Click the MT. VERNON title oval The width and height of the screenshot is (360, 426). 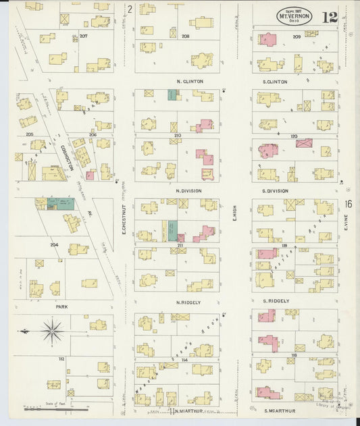[294, 16]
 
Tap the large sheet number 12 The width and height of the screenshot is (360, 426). [330, 17]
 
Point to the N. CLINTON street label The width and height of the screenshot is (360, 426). [189, 82]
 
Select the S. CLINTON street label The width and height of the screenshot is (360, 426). [274, 82]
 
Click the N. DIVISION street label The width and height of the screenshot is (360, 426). [188, 191]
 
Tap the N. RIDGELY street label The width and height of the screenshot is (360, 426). [189, 302]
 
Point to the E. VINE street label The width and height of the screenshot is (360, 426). [344, 233]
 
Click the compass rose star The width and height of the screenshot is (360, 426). [53, 331]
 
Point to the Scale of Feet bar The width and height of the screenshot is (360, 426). [54, 408]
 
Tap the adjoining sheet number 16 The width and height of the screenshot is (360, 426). [347, 204]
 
